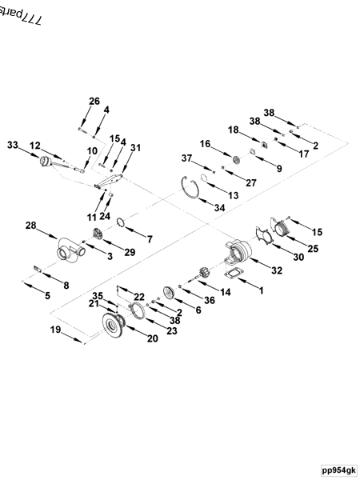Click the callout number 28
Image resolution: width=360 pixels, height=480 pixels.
(x=30, y=226)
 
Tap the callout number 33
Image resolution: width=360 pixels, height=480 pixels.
(x=12, y=145)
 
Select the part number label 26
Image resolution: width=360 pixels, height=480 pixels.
(x=94, y=101)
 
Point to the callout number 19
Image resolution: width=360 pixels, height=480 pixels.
(x=56, y=330)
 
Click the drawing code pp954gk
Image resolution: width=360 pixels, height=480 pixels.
(x=339, y=470)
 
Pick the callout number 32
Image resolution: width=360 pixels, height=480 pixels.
(x=277, y=270)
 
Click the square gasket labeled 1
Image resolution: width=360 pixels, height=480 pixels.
(x=233, y=276)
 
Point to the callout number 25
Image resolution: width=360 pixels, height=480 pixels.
(x=313, y=249)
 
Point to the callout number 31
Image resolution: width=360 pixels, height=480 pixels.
(x=135, y=147)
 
